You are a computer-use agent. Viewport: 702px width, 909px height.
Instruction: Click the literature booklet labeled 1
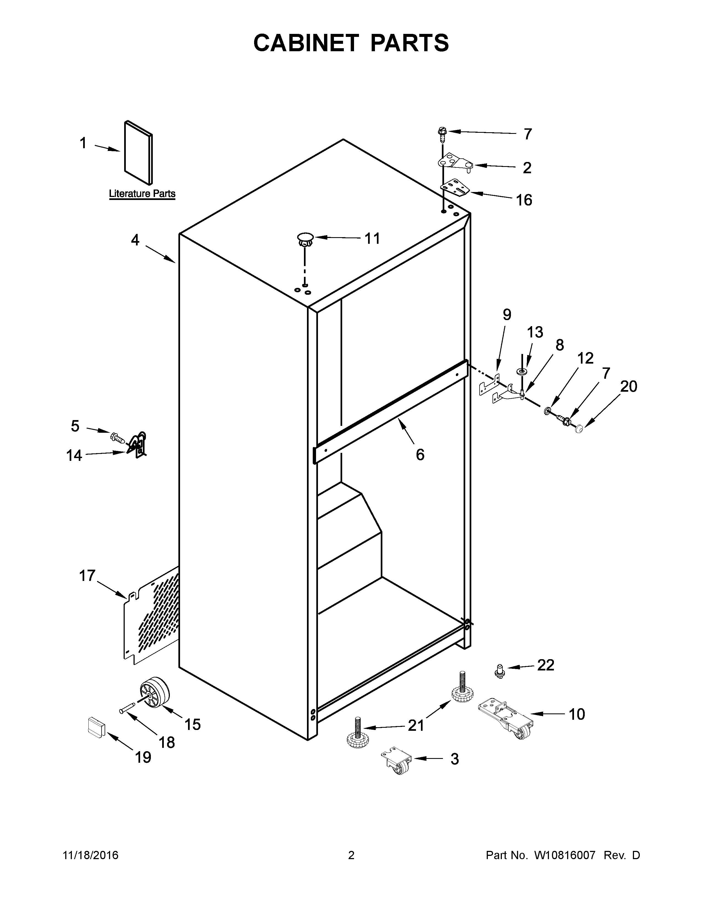click(x=138, y=153)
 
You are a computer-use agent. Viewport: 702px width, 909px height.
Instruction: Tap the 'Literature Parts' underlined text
click(x=142, y=194)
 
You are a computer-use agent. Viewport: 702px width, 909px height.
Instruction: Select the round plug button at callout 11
click(x=305, y=239)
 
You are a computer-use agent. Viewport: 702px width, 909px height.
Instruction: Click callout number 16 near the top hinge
click(x=524, y=200)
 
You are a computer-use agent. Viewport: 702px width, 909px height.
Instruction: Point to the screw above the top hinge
click(x=442, y=134)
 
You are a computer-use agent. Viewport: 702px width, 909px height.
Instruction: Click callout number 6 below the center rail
click(x=420, y=455)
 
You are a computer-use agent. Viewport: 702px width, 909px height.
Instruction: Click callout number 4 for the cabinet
click(x=135, y=240)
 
